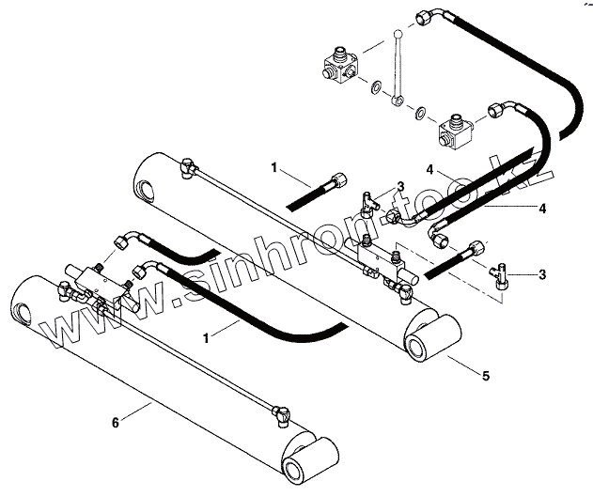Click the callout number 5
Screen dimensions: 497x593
pos(485,377)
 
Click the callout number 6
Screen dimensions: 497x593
pos(115,423)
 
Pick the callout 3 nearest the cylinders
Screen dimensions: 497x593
pos(399,186)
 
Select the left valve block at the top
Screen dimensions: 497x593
pos(337,68)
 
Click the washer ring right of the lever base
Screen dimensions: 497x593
pos(420,114)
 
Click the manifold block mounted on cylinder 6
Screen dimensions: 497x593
pos(97,282)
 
